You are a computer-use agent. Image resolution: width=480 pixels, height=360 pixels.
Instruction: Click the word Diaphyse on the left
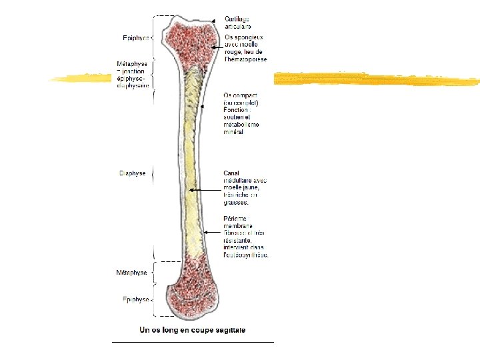132,173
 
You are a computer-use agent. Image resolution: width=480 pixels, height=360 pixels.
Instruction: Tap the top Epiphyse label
136,38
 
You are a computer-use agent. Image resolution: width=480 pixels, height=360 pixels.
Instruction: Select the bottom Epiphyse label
135,299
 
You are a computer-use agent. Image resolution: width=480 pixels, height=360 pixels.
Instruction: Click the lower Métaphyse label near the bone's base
132,273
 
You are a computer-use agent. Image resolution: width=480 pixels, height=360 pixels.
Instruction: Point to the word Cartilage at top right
237,19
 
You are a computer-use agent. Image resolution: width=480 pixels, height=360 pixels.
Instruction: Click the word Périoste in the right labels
235,219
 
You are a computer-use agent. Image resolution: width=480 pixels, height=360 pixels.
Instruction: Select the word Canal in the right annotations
232,173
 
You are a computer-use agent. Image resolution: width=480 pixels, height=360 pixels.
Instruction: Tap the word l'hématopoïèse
245,59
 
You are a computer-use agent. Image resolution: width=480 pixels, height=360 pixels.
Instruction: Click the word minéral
233,132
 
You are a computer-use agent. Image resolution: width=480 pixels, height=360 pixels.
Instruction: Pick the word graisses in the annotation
236,202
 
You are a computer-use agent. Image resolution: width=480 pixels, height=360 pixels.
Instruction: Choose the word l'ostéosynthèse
247,255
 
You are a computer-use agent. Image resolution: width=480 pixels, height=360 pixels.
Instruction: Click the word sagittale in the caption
229,329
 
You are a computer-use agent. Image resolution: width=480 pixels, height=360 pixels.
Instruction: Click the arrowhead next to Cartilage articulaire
214,21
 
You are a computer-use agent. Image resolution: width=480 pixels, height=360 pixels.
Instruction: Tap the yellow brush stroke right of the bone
373,80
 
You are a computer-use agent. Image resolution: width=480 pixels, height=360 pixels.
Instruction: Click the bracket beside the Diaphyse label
153,173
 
